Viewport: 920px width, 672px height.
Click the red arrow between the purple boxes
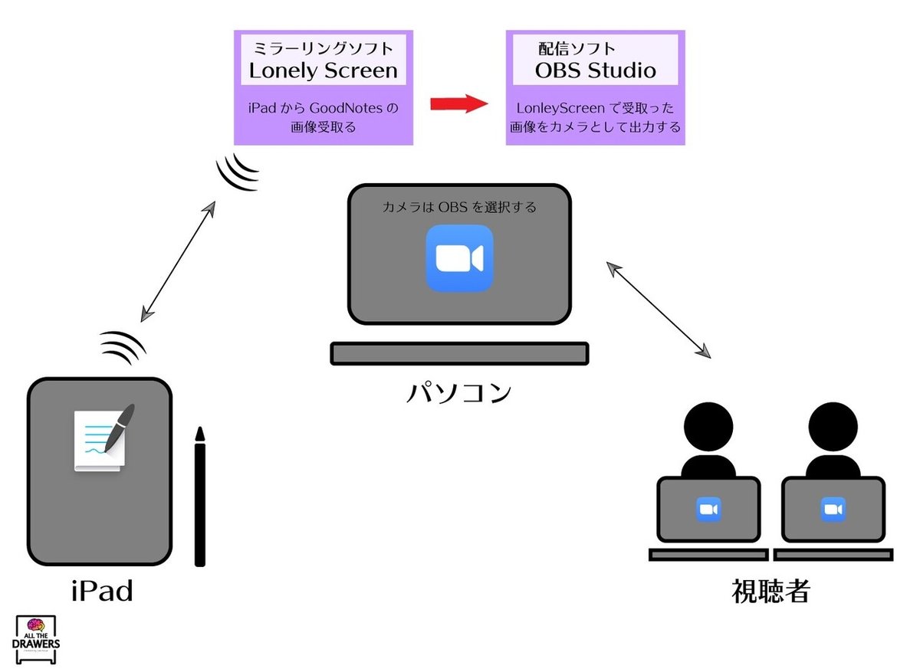click(x=458, y=103)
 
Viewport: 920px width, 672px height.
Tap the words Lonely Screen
click(x=323, y=70)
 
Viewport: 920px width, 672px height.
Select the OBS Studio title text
click(x=595, y=70)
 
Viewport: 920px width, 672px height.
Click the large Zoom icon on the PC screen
click(x=459, y=258)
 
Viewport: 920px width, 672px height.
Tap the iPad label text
click(x=101, y=591)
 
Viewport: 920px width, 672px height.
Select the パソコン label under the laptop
click(x=458, y=392)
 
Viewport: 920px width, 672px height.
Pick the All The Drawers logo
click(x=38, y=640)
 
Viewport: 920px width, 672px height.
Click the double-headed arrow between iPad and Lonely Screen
click(x=178, y=261)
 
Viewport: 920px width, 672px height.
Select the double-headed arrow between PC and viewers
click(x=659, y=309)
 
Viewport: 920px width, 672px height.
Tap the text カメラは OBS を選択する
click(x=459, y=207)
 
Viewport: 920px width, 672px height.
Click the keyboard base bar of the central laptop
click(x=459, y=353)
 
